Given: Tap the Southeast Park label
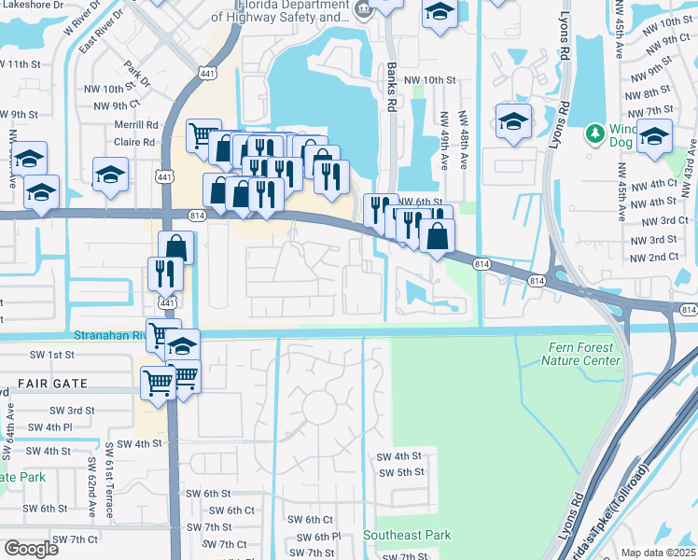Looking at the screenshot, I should point(407,535).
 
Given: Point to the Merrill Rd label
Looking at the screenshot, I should point(136,125).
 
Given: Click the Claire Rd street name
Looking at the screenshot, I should point(136,142).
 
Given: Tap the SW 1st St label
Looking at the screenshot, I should point(49,356).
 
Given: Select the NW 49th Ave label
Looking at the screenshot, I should point(444,141).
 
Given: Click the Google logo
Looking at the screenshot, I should point(31,549).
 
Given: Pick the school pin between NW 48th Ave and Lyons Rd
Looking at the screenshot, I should point(512,122).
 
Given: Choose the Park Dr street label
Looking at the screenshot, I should point(136,76).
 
